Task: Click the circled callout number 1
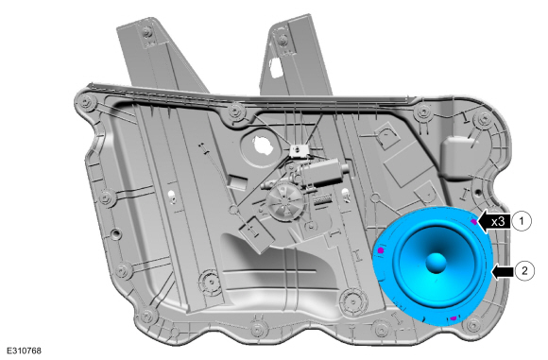pos(522,221)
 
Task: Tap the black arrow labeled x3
pos(494,221)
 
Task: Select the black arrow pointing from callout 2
pos(503,271)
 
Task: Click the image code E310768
pos(24,351)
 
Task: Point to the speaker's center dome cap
pos(437,262)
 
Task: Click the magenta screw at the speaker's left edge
pos(381,250)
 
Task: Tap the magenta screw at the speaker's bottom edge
pos(454,318)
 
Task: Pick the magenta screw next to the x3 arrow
pos(473,222)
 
